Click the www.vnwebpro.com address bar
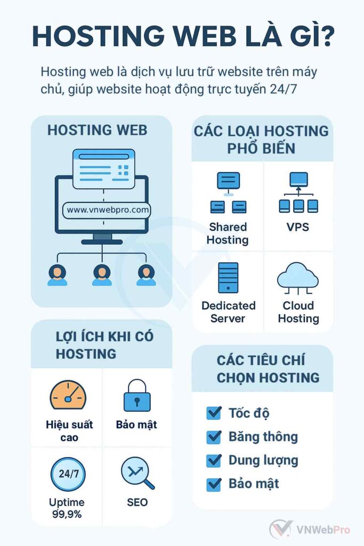(x=107, y=210)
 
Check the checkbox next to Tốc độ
(x=214, y=413)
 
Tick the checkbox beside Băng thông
(x=214, y=437)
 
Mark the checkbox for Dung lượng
(x=214, y=460)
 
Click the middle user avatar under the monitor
(x=102, y=275)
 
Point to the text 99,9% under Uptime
(x=68, y=515)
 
